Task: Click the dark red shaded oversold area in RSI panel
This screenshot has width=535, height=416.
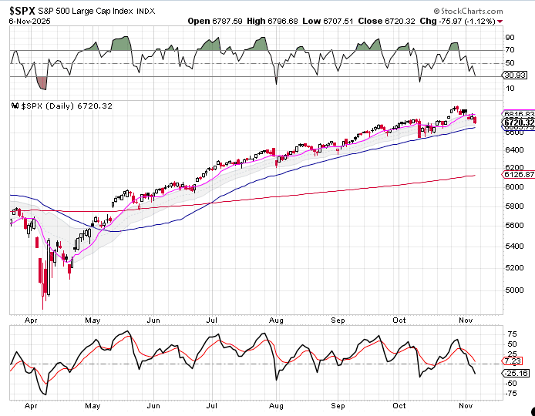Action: click(42, 82)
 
